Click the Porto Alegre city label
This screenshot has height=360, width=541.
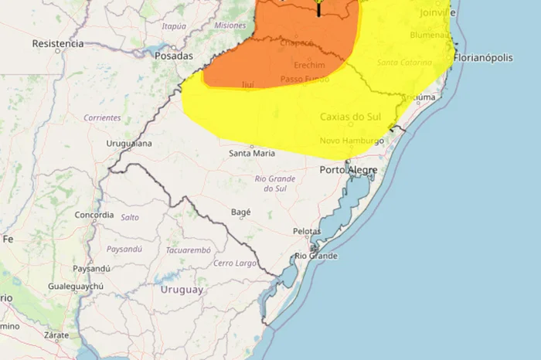pos(349,170)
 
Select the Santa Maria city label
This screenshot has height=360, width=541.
pos(250,153)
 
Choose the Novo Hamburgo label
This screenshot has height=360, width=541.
pos(352,141)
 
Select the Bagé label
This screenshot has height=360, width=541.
pos(241,210)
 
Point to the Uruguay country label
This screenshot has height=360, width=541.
pos(182,290)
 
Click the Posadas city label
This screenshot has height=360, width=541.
pos(173,56)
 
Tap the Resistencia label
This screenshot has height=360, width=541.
pos(57,43)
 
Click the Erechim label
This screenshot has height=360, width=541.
pos(309,65)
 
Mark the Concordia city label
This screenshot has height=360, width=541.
pos(95,215)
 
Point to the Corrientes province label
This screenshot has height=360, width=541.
pos(102,117)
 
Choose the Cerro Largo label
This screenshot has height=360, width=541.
pos(234,263)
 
